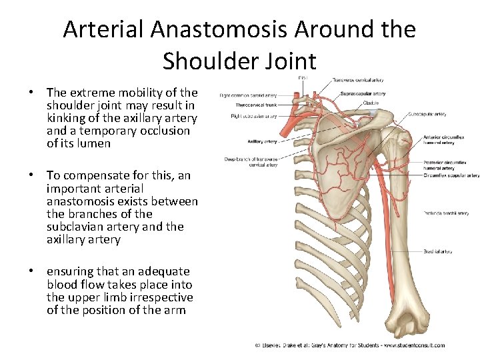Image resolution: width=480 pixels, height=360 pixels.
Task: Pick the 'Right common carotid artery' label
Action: coord(248,95)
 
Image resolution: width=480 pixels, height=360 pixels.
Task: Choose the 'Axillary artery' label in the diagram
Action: coord(262,141)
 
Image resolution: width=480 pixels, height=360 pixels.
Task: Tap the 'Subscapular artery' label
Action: coord(427,114)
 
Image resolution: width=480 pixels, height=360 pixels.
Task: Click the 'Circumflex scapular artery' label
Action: coord(451,176)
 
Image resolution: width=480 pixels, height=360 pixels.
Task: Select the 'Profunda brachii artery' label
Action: coord(445,213)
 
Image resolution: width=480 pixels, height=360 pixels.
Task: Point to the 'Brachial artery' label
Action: coord(437,251)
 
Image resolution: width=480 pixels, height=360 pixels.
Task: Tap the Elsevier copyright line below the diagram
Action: coord(350,345)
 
